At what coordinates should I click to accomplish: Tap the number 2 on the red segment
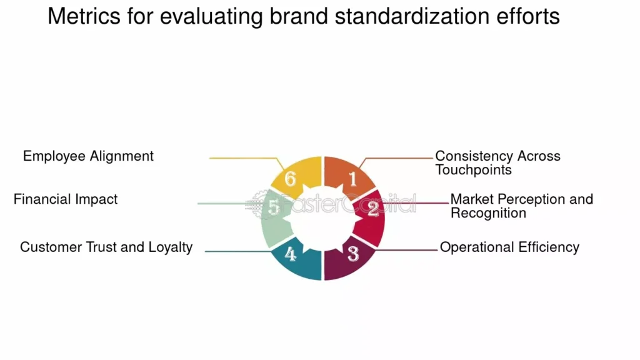(x=372, y=209)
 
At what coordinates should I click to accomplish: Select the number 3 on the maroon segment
(x=353, y=254)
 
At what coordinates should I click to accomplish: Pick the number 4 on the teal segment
(x=291, y=254)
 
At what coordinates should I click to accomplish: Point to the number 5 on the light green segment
(x=273, y=207)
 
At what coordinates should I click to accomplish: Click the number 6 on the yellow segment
(x=290, y=179)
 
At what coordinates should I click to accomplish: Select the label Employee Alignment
(x=88, y=156)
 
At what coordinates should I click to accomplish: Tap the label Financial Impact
(x=66, y=199)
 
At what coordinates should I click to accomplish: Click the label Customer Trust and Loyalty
(x=106, y=247)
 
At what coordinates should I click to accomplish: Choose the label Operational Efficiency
(x=509, y=247)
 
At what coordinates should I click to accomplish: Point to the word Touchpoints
(x=473, y=170)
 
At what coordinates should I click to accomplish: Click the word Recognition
(x=488, y=213)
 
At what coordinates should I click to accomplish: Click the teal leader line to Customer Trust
(x=237, y=251)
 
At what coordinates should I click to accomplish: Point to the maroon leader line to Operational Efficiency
(x=406, y=250)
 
